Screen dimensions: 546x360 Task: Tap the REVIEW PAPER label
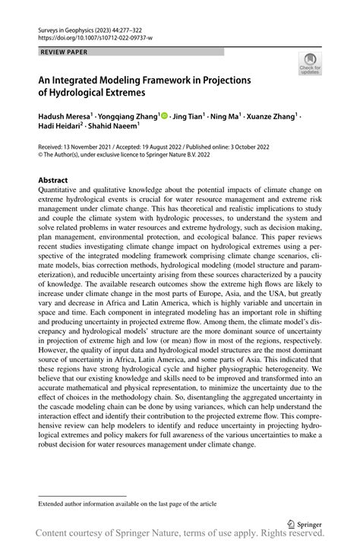(x=63, y=52)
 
